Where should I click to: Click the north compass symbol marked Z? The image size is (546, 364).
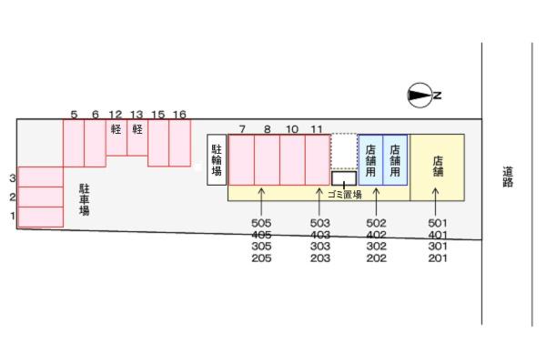[420, 95]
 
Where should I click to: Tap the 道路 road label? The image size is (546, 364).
[507, 176]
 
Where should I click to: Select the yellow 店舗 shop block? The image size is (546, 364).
[437, 166]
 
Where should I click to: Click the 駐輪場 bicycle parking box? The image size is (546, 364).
[217, 160]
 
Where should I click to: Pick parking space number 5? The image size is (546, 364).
[74, 142]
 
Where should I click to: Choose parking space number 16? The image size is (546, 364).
[180, 142]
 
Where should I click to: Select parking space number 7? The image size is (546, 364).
[241, 160]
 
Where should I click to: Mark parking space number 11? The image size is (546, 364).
[317, 160]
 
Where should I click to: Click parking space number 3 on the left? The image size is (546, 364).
[40, 177]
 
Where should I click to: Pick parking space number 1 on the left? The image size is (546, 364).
[40, 217]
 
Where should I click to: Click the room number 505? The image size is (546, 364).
[261, 223]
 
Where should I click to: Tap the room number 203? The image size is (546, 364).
[319, 258]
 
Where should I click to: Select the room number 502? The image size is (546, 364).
[376, 223]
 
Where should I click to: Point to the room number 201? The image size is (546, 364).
[438, 258]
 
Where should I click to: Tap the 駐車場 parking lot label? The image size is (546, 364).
[84, 197]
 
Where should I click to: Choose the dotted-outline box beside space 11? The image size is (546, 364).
[343, 151]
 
